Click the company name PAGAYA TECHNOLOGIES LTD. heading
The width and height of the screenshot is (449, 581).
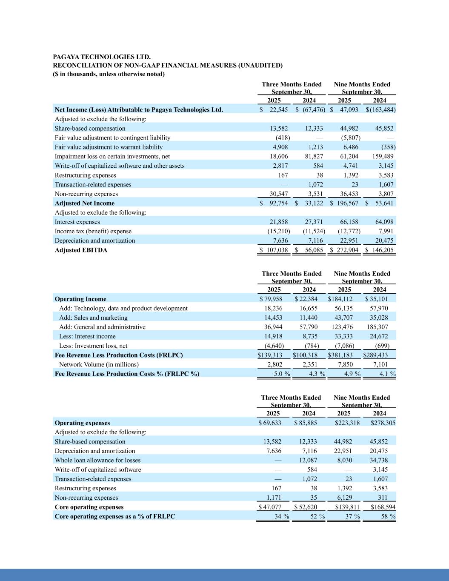(x=102, y=57)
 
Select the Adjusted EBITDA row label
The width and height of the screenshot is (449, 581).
(x=81, y=250)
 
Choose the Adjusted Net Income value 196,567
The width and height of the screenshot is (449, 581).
(x=347, y=203)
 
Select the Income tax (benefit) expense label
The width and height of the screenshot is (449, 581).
(x=93, y=231)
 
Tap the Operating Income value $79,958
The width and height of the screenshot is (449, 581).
(x=270, y=299)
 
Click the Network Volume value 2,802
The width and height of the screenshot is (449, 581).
(x=275, y=364)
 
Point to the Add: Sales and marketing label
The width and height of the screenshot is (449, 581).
(x=93, y=318)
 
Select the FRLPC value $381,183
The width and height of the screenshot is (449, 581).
(x=343, y=355)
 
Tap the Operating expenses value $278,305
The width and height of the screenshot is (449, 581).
(x=383, y=423)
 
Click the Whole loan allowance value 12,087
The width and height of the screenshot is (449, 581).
(x=309, y=460)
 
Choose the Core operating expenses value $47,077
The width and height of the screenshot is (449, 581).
(x=270, y=507)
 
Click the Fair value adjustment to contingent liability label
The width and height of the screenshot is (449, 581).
(x=112, y=137)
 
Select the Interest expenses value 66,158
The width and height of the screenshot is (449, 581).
(x=349, y=222)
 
